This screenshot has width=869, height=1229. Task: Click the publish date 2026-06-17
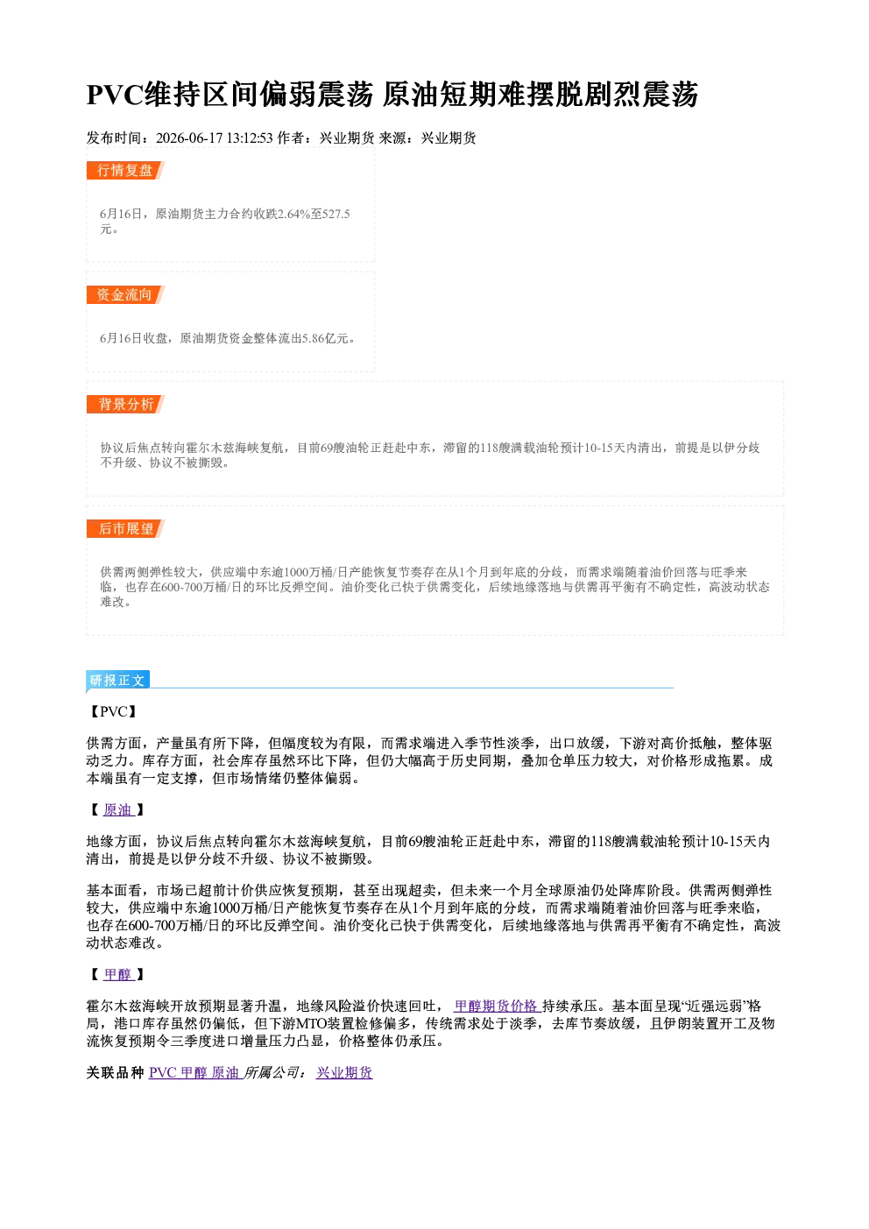click(x=189, y=138)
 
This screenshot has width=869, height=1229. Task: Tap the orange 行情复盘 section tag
click(x=125, y=170)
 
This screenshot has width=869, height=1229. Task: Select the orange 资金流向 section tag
click(x=125, y=294)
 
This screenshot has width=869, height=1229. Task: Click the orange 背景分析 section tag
click(x=125, y=405)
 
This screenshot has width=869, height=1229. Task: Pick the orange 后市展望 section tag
click(x=125, y=529)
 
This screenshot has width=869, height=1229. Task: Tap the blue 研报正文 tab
click(x=117, y=681)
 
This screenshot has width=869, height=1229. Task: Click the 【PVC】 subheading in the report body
click(x=114, y=712)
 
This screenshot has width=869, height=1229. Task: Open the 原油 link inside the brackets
click(x=118, y=809)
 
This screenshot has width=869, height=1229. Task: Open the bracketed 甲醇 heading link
click(x=118, y=974)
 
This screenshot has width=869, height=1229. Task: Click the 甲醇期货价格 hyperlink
click(x=497, y=1006)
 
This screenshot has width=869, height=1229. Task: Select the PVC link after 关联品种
click(x=162, y=1072)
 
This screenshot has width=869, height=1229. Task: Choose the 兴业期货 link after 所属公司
click(x=344, y=1072)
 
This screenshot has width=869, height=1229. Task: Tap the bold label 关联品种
click(x=116, y=1072)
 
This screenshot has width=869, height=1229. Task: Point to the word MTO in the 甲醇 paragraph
click(x=311, y=1023)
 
